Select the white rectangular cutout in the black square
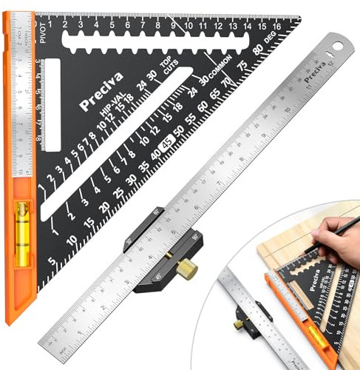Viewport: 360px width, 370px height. click(x=51, y=100)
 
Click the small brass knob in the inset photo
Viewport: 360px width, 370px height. click(x=240, y=323)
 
